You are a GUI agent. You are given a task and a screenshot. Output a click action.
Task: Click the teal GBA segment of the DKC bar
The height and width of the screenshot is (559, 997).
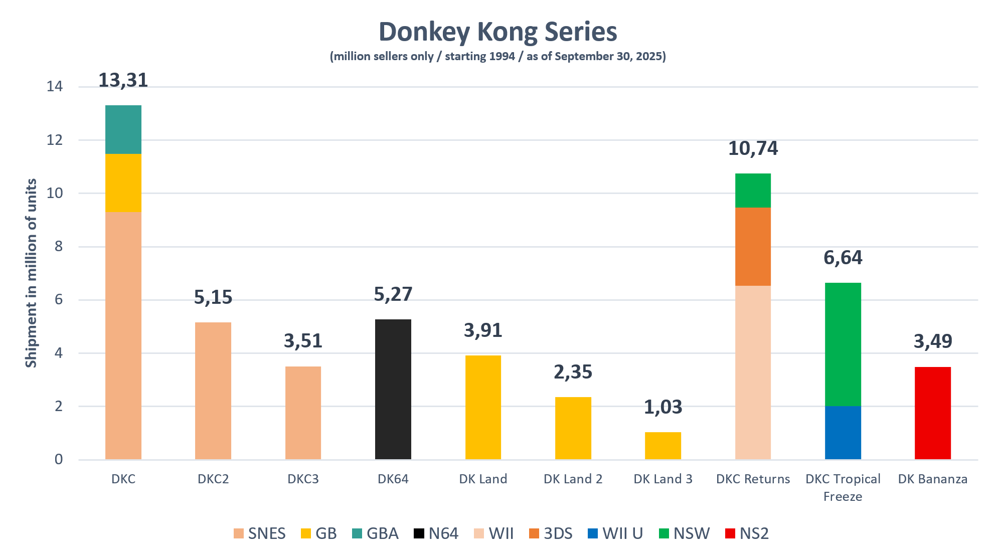[123, 129]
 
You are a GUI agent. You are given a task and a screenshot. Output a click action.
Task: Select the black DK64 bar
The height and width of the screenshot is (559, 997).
[393, 389]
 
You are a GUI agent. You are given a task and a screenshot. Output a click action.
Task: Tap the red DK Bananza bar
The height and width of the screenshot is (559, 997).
[932, 413]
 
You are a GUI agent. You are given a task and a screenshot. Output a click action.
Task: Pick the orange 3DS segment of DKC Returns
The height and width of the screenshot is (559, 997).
[753, 246]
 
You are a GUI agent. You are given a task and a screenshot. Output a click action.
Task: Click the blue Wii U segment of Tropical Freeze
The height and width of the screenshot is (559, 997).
[843, 432]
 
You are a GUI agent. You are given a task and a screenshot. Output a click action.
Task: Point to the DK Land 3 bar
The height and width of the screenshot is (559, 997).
[663, 445]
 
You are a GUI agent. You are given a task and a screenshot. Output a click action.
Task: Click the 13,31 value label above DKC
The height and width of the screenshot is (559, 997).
[123, 80]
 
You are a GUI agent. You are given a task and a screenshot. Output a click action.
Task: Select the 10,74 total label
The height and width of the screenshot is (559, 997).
[753, 148]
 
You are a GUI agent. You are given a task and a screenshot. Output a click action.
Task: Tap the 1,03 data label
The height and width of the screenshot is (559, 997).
[663, 407]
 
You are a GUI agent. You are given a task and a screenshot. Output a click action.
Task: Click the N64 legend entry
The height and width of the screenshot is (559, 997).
[436, 533]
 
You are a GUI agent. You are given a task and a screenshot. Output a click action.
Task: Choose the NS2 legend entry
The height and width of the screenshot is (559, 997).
[747, 533]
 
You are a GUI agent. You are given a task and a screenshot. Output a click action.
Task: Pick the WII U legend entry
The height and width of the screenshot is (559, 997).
[616, 533]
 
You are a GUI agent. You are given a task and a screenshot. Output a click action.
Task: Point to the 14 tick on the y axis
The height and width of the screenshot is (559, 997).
[55, 87]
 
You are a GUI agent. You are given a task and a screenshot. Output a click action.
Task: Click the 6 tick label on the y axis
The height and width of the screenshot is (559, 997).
[58, 300]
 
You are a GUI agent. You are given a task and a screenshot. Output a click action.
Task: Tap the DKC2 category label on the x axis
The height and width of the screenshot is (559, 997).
[213, 479]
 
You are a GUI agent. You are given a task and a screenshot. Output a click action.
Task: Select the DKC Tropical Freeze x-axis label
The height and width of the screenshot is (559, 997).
[843, 487]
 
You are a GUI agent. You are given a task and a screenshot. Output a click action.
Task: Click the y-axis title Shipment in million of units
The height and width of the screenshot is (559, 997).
[31, 273]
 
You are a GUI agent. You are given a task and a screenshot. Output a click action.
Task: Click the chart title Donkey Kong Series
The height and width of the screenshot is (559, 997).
[497, 32]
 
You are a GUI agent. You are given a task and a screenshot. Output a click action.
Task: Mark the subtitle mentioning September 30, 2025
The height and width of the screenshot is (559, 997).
[497, 56]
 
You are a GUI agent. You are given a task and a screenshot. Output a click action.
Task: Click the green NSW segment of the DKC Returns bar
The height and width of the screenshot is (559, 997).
[753, 191]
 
